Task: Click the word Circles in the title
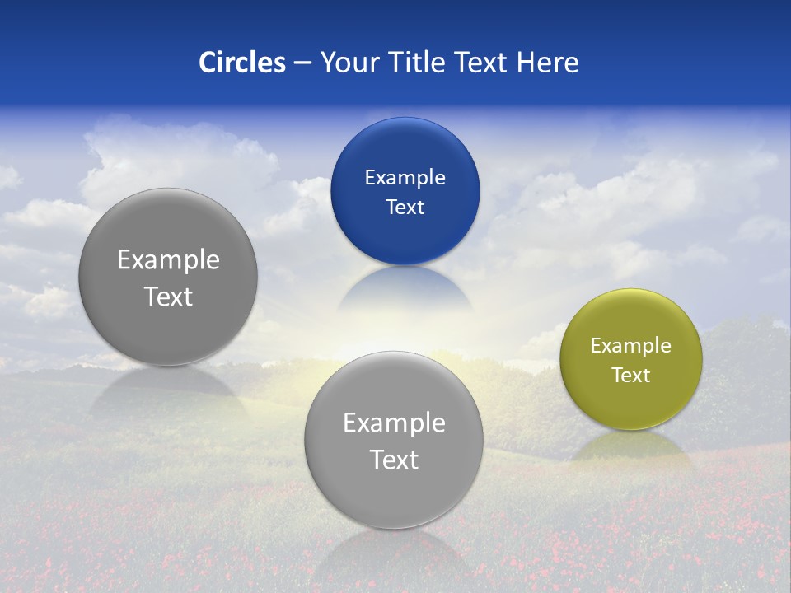[x=242, y=63]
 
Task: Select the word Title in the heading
[x=418, y=63]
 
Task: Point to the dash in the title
[x=302, y=63]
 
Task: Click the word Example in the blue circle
[x=405, y=178]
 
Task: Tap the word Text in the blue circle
[x=405, y=207]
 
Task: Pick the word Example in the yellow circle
[x=630, y=346]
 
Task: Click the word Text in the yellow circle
[x=630, y=375]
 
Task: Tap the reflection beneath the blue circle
[x=405, y=288]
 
